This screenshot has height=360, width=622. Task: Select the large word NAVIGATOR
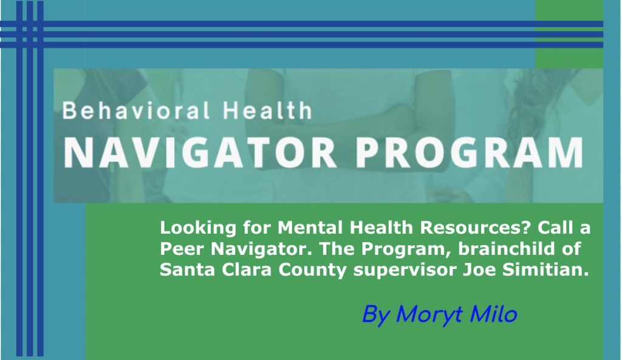[200, 154]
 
